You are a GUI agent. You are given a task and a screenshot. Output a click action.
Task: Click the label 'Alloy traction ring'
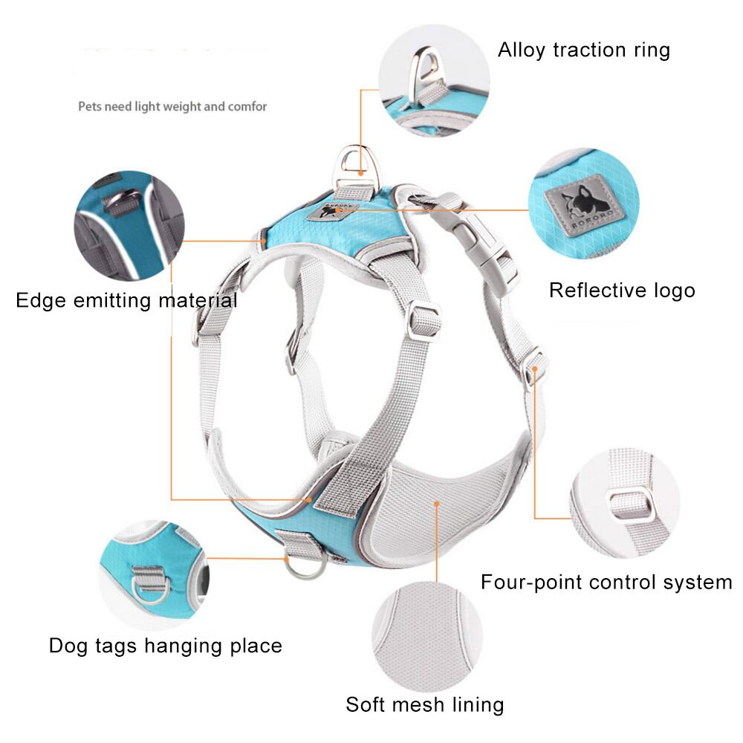point(584,51)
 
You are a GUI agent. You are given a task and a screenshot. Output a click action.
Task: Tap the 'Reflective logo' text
point(622,291)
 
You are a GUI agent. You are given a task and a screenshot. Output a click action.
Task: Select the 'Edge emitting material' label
point(126,301)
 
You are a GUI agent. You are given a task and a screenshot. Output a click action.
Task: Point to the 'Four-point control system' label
point(606,582)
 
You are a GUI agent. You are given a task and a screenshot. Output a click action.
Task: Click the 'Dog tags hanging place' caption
point(166,646)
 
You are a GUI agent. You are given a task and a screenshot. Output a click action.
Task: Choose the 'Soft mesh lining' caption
point(425,704)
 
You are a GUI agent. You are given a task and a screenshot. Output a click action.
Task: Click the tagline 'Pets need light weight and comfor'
point(172,106)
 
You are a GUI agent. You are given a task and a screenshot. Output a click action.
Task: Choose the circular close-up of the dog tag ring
point(154,576)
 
